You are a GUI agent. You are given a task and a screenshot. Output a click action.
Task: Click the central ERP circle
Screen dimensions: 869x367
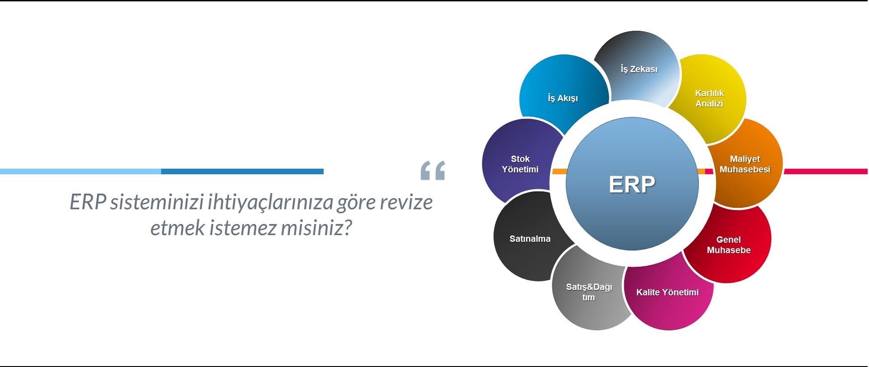(x=632, y=184)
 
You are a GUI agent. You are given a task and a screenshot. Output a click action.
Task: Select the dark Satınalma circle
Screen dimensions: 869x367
(x=530, y=238)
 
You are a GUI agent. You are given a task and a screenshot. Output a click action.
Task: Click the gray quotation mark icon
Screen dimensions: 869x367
(x=433, y=170)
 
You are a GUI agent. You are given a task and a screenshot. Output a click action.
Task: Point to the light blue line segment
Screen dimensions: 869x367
(x=81, y=171)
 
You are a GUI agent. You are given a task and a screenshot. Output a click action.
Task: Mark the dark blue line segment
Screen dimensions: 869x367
(x=242, y=171)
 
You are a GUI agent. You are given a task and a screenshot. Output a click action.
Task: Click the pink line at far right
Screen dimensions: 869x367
(x=826, y=171)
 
